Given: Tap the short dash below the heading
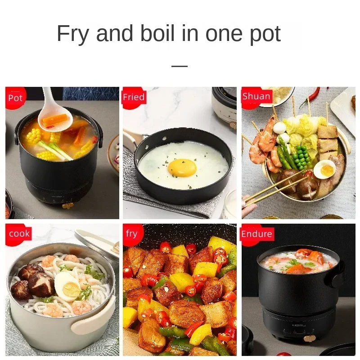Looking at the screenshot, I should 180,66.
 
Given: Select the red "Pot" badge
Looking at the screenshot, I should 15,98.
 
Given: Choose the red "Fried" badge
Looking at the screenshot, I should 133,97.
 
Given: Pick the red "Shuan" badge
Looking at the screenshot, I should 256,96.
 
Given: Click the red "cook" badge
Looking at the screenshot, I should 19,234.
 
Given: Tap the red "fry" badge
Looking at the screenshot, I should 131,234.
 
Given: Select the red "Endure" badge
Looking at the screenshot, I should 256,234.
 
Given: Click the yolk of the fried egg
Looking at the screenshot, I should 182,167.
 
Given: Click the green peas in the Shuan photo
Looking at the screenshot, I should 302,155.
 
